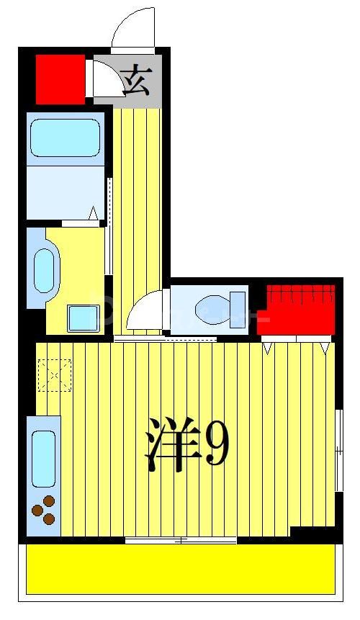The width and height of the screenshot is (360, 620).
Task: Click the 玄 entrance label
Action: pos(136,81)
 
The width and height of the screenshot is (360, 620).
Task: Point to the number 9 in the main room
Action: pos(217,445)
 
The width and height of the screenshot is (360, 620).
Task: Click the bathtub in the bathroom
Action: pos(65,138)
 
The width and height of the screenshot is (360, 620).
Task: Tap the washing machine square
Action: pos(83,318)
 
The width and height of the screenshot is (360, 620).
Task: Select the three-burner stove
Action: pos(44,511)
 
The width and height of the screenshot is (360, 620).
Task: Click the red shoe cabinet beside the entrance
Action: pos(60,78)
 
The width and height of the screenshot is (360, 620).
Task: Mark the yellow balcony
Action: pos(180,569)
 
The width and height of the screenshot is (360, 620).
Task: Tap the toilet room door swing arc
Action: pos(145,311)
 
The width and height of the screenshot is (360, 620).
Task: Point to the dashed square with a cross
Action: pos(55,374)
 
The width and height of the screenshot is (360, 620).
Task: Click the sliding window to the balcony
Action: pos(180,540)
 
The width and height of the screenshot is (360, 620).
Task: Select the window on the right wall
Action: pos(338,450)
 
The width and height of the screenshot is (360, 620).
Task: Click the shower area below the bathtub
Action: pos(65,192)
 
